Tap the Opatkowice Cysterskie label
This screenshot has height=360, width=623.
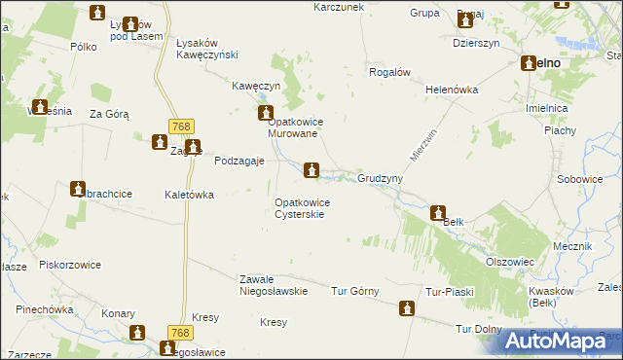303,208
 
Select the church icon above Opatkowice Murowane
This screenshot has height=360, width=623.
265,115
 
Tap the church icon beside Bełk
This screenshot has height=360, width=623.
438,212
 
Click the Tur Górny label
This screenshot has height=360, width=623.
354,291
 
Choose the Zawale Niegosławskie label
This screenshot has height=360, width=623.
274,284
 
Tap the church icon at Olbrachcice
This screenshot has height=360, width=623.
78,188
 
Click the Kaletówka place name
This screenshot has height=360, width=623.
189,195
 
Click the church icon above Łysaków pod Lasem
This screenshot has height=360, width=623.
97,13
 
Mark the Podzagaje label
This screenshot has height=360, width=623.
238,162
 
